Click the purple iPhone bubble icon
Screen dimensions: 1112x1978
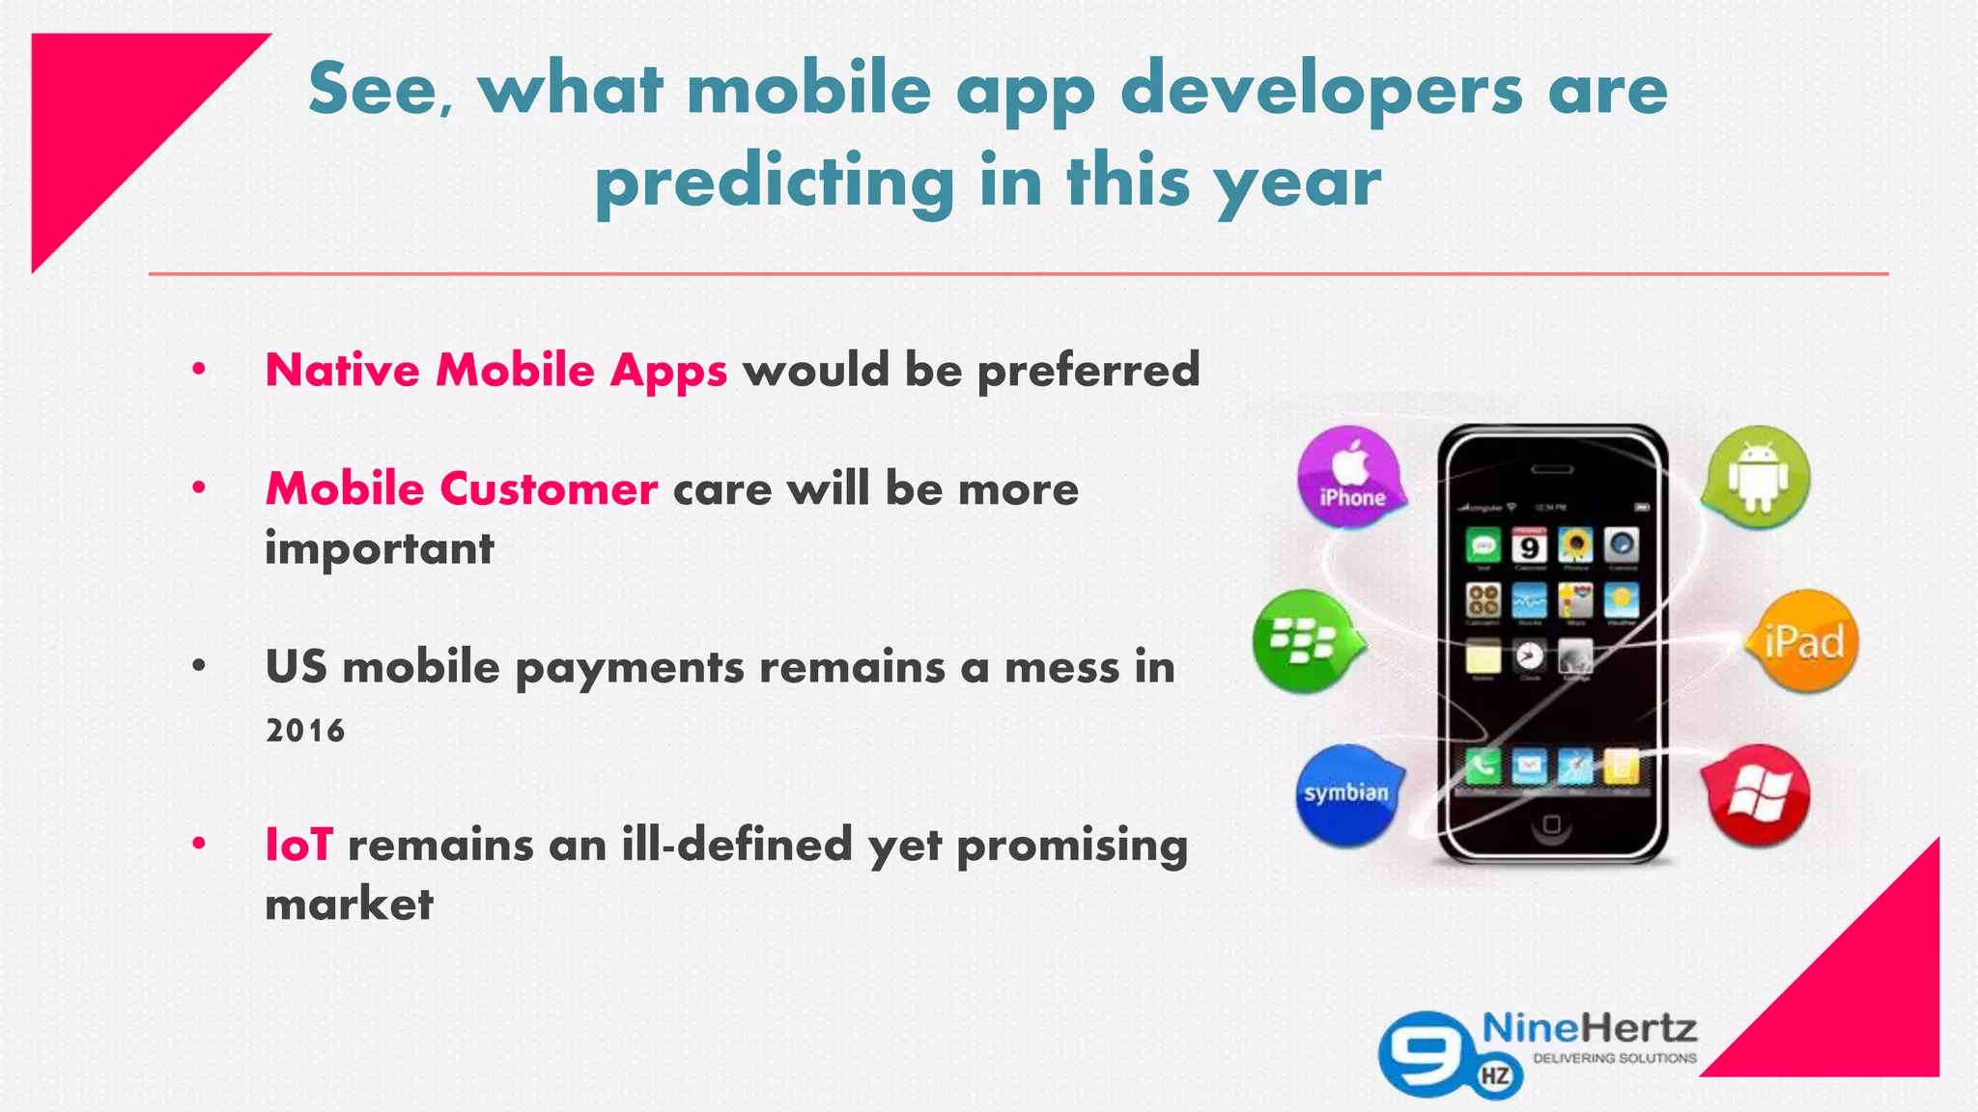[x=1349, y=478]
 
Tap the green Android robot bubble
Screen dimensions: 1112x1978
[x=1758, y=478]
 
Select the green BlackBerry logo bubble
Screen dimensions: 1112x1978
[x=1305, y=641]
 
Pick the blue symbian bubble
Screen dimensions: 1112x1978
[x=1346, y=794]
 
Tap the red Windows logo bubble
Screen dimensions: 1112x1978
[x=1757, y=795]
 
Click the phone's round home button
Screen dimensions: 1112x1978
[x=1551, y=824]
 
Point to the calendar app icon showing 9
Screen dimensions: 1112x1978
[x=1529, y=546]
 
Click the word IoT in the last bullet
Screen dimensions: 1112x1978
[x=299, y=845]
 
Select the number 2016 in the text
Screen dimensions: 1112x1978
[x=305, y=731]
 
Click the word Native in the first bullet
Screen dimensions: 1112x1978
[x=342, y=371]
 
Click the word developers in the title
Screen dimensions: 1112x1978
[x=1321, y=90]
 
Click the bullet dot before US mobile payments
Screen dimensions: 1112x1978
[x=199, y=666]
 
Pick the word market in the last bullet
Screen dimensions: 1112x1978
[x=349, y=904]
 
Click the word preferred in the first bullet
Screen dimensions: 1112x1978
[x=1088, y=371]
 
